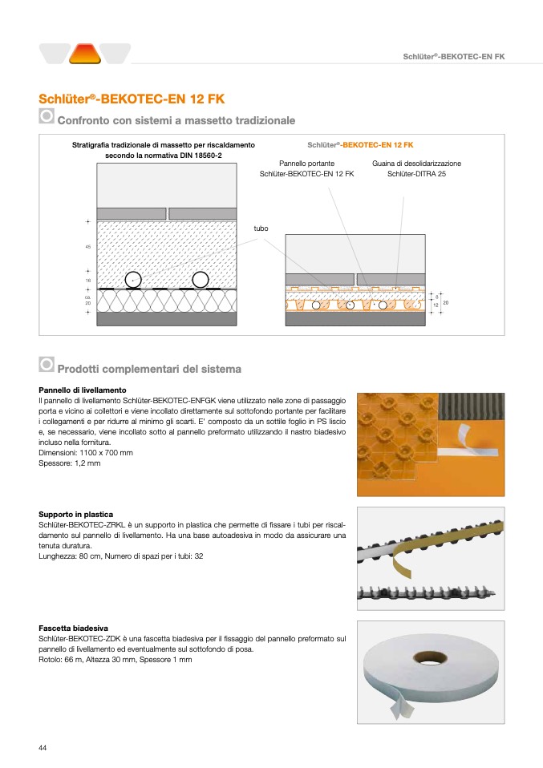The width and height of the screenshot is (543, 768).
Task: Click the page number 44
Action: (43, 747)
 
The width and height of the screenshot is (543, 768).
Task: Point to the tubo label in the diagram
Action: (261, 228)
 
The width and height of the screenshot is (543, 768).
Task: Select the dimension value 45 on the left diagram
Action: (87, 246)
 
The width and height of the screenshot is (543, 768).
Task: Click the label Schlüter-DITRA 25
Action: (416, 174)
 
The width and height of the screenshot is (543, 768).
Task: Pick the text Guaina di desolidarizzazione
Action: (416, 164)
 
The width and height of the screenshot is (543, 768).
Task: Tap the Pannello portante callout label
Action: (306, 164)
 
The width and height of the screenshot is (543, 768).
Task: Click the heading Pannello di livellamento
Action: (82, 390)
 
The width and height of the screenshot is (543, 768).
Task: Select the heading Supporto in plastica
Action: (76, 514)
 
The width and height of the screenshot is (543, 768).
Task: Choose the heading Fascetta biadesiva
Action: (74, 628)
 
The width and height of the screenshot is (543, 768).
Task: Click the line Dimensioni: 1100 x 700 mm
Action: (86, 453)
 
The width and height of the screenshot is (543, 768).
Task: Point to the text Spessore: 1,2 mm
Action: (70, 463)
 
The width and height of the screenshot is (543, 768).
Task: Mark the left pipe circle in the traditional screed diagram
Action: (133, 279)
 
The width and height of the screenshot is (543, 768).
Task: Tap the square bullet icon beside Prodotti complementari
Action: (47, 365)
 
